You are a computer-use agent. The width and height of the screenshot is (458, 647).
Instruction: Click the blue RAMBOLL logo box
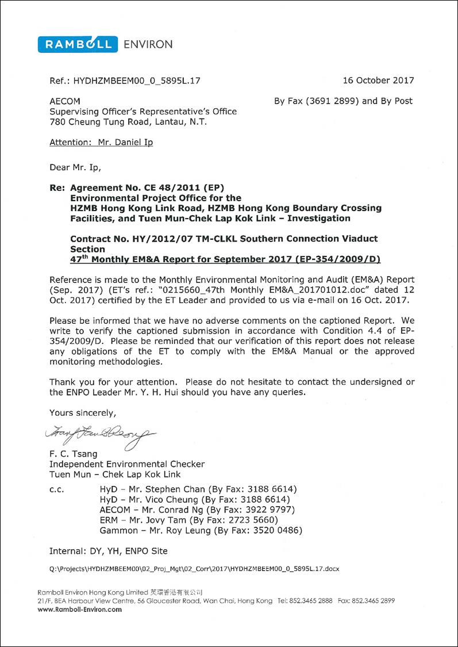(78, 44)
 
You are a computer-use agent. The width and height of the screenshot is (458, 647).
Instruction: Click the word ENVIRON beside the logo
(148, 44)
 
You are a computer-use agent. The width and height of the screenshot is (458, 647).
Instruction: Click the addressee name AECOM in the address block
(61, 101)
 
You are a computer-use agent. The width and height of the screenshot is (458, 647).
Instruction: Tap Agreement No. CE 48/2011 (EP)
(147, 187)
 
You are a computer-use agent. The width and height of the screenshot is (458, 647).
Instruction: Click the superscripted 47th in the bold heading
(79, 259)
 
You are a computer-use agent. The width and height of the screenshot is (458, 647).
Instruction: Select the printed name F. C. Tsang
(74, 454)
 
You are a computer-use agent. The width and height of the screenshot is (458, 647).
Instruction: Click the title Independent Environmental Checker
(127, 464)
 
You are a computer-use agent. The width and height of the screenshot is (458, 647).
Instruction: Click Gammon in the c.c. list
(119, 530)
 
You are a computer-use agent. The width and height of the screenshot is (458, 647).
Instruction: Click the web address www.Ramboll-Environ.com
(80, 610)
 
